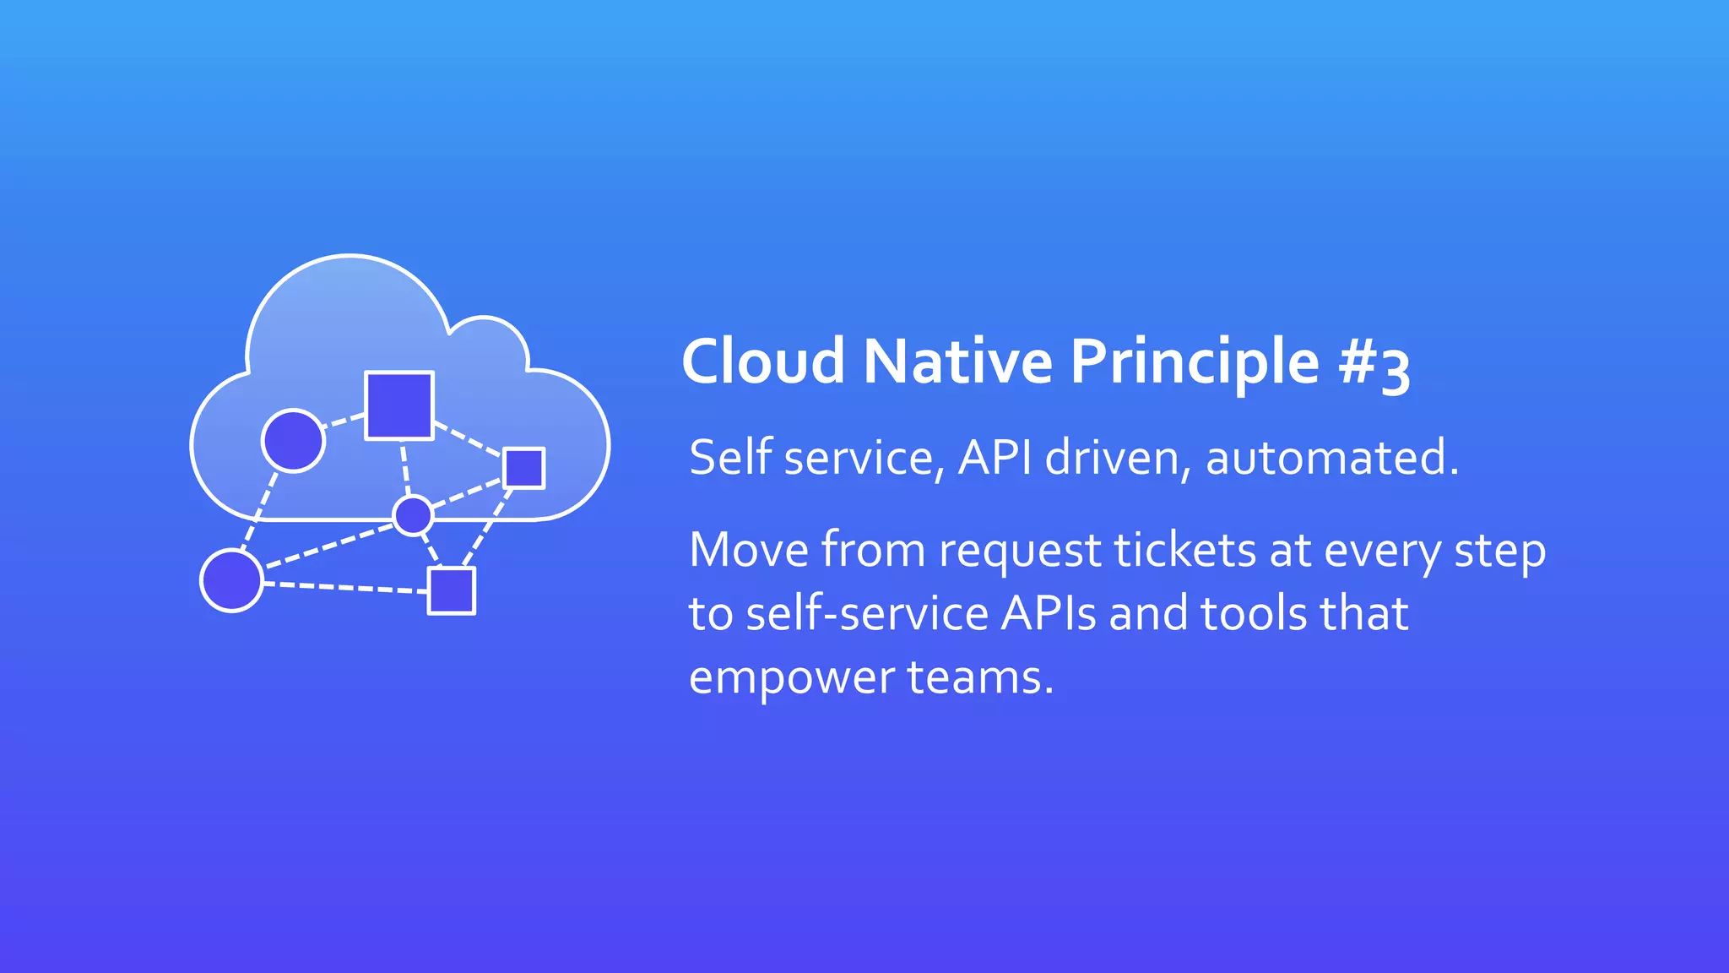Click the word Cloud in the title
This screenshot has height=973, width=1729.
click(x=763, y=361)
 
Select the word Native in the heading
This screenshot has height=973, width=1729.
click(x=957, y=361)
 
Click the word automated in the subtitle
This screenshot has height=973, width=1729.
click(x=1332, y=458)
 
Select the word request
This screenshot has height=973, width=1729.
click(x=1020, y=552)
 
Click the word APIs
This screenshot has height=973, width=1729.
click(x=1049, y=613)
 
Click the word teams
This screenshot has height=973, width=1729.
click(x=980, y=677)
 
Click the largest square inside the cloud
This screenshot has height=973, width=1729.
click(x=399, y=405)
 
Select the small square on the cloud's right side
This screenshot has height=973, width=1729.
click(x=523, y=468)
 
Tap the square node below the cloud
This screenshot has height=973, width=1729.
click(x=452, y=590)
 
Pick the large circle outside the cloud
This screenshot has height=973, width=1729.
click(x=232, y=580)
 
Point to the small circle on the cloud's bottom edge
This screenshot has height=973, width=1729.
click(x=413, y=515)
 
